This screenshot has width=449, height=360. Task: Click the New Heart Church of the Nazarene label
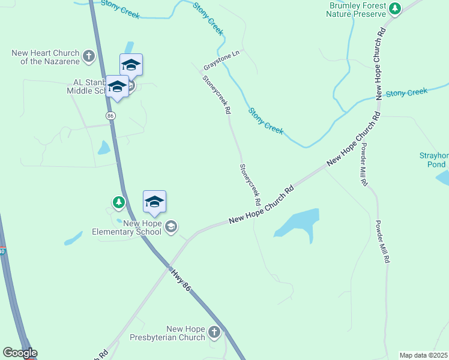coord(46,57)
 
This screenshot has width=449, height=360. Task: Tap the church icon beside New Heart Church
coord(89,57)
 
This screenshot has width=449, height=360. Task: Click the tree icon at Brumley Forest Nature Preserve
coord(394,8)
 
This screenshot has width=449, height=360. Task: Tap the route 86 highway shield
coord(110,115)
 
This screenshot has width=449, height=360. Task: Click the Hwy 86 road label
coord(180,280)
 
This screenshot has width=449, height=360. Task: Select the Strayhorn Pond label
coord(433,160)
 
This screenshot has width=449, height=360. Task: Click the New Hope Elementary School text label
coord(127,227)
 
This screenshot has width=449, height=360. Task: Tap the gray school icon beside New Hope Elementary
coord(171,226)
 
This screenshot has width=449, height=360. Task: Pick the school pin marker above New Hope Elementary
coord(154,202)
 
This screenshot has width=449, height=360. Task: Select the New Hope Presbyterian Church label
coord(168,333)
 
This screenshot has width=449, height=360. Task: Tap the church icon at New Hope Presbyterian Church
coord(215,332)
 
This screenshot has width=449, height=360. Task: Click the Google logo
coord(20,353)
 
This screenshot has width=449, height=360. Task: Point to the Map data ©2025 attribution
coord(423,355)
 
